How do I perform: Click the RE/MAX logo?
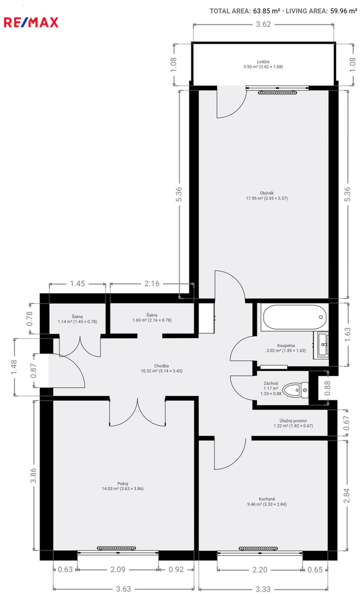31,23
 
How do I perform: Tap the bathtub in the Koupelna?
294,318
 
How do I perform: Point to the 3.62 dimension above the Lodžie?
263,24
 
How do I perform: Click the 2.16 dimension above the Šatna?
152,284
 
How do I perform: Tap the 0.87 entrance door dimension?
33,371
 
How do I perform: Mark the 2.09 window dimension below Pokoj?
118,570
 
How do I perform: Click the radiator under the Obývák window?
277,92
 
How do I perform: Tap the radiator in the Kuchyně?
258,548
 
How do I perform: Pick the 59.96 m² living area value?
343,11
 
